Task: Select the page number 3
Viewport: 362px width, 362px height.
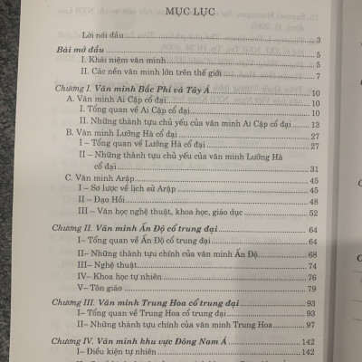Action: coord(319,42)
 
